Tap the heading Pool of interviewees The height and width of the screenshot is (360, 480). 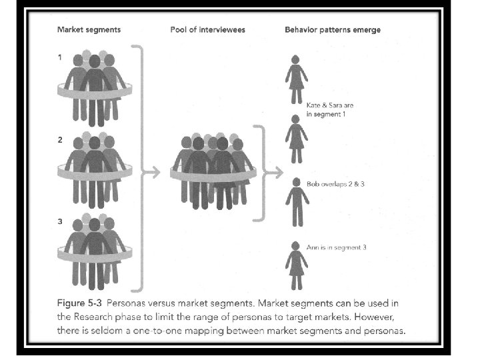207,30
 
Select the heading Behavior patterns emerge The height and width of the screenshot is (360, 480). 333,30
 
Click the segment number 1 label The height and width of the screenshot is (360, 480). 60,57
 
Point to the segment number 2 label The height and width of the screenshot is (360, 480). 60,141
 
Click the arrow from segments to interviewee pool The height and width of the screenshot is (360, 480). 153,172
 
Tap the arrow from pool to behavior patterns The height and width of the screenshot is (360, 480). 272,172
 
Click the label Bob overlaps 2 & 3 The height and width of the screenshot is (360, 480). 335,183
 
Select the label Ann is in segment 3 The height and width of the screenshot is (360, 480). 336,247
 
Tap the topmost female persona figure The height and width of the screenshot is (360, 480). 296,79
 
